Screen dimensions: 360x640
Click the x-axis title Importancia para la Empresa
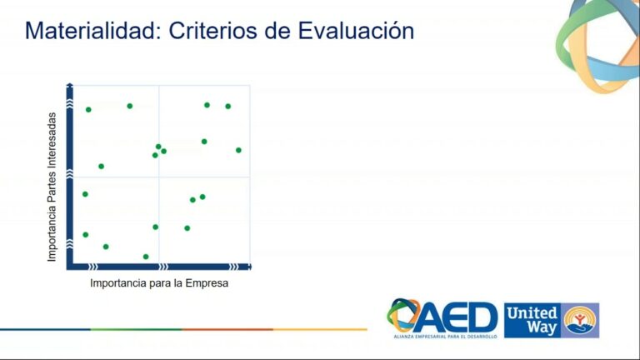tap(159, 283)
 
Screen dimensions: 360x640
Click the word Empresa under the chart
tap(207, 283)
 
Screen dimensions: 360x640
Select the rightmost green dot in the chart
tap(238, 150)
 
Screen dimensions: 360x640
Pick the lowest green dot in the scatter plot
tap(146, 257)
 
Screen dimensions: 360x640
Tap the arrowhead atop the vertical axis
tap(71, 87)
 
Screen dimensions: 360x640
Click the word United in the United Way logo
tap(531, 312)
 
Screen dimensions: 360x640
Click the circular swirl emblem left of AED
tap(404, 317)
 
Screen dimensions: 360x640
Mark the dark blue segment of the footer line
tap(45, 329)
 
